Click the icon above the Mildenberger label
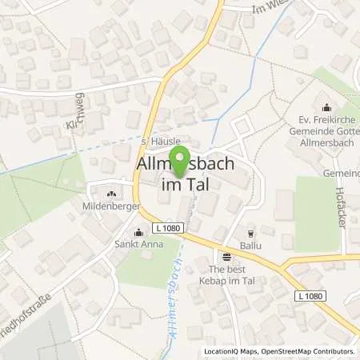point(111,193)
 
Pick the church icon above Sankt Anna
point(138,234)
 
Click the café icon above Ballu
point(250,234)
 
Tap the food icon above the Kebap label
point(226,257)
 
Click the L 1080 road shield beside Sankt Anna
point(171,229)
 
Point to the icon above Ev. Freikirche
point(326,107)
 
